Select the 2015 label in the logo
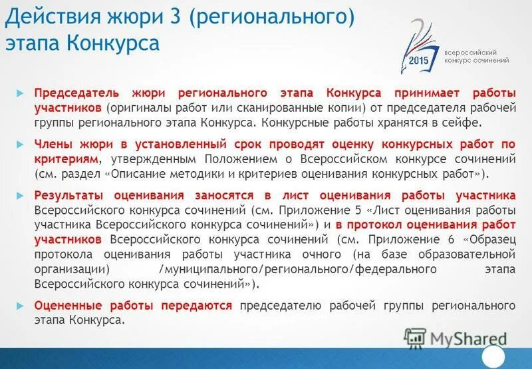coord(420,60)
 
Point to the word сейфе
coord(459,123)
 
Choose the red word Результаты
coord(70,195)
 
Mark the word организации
coord(71,268)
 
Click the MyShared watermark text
coord(465,338)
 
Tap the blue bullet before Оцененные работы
coord(20,305)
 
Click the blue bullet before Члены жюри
coord(20,144)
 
